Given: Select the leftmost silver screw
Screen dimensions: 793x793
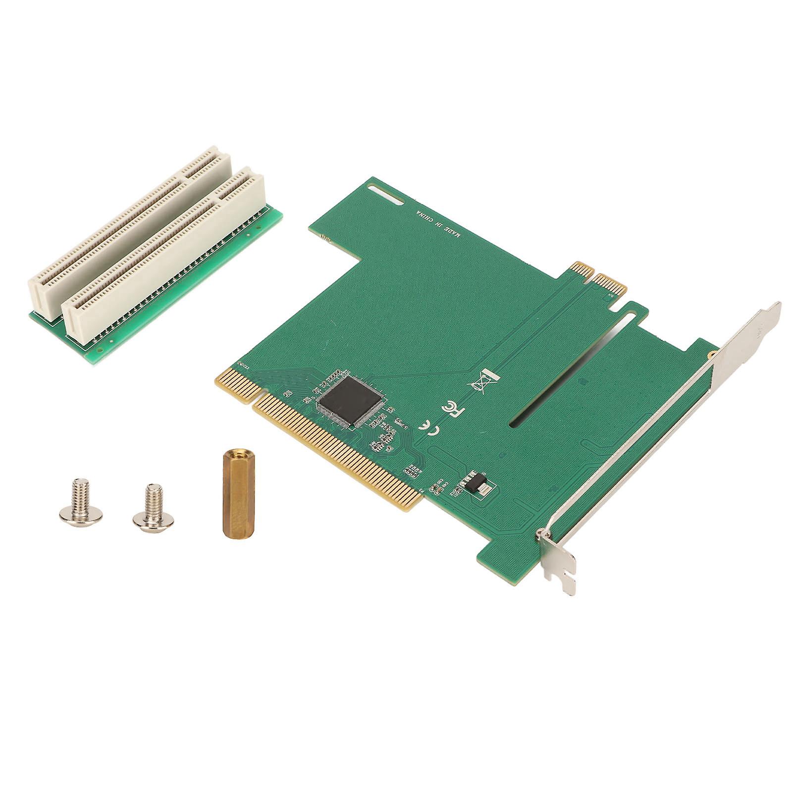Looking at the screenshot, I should point(80,501).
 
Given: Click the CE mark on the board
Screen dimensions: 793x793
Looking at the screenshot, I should point(429,427).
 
